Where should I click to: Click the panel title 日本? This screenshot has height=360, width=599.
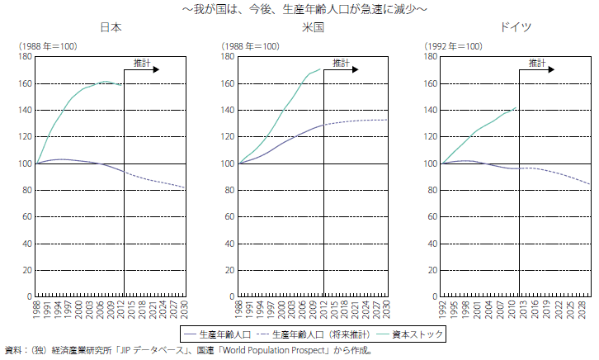tap(111, 27)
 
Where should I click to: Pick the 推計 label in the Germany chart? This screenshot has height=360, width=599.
tap(537, 63)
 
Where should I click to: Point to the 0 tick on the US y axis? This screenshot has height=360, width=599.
tap(232, 296)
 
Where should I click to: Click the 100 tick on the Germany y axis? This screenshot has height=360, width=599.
tap(431, 163)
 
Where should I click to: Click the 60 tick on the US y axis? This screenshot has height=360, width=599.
tap(229, 216)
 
